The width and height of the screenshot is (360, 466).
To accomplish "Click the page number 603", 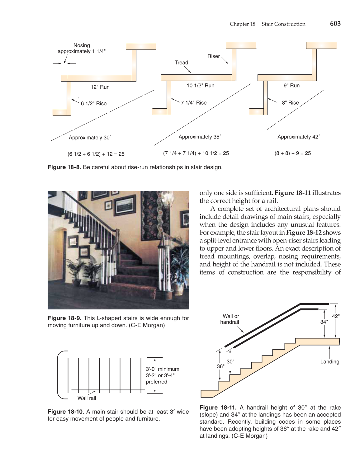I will (335, 24).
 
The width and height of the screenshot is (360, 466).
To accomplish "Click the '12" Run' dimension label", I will (100, 87).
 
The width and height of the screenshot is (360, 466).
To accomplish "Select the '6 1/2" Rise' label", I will (94, 104).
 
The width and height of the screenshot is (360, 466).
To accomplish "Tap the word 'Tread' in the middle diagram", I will (182, 63).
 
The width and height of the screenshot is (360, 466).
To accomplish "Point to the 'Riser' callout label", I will (213, 56).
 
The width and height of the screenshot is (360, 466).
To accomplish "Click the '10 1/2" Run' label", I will (200, 86).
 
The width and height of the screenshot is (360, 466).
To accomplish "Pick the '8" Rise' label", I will (290, 103).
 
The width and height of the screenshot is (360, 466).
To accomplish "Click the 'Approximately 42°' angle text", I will (298, 137).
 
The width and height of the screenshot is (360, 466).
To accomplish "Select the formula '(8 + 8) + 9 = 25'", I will (292, 153).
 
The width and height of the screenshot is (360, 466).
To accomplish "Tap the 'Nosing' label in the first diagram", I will (82, 45).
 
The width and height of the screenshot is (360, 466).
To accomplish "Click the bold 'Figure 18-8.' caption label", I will (64, 167).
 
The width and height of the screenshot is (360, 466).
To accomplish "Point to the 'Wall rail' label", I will (87, 398).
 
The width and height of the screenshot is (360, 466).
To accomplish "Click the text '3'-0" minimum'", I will (162, 369).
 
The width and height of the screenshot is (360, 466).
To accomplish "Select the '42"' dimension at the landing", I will (336, 316).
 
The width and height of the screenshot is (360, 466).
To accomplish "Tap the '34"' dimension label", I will (324, 322).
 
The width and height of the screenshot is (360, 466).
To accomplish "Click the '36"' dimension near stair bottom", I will (220, 366).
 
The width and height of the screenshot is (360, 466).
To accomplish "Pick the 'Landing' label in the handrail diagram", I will (329, 362).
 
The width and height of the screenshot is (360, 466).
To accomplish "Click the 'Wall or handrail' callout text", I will (230, 319).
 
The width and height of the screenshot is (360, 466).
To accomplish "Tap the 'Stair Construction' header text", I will (283, 24).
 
